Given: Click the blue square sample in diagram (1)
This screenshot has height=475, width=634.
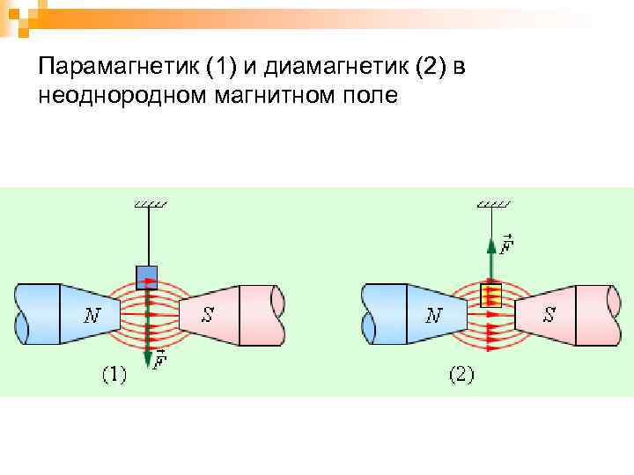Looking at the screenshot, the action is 146,274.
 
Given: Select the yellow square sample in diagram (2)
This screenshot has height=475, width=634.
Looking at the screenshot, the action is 490,295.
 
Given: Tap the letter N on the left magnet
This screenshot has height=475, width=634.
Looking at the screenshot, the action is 92,314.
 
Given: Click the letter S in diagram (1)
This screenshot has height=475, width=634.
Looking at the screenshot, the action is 208,314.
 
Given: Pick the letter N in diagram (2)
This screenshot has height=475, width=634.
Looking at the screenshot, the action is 432,315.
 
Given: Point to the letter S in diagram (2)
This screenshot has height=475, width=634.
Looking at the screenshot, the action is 549,314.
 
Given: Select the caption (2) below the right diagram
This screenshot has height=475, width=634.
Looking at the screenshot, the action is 461,376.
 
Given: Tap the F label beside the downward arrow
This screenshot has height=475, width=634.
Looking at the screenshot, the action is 160,362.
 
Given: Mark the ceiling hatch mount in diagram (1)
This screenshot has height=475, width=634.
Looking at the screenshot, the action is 149,204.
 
